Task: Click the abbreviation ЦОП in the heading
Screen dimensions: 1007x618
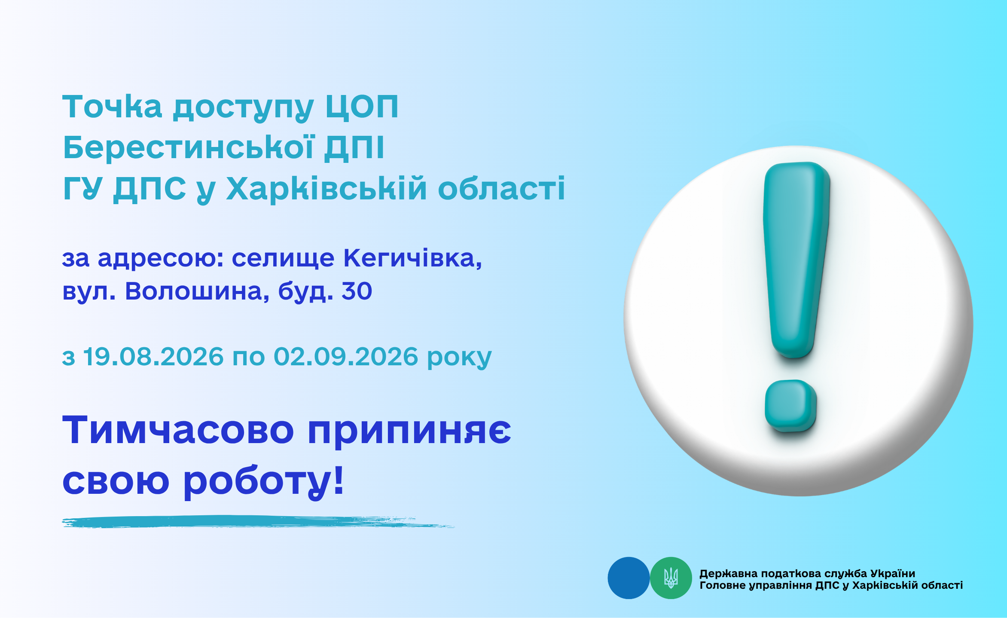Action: pyautogui.click(x=362, y=107)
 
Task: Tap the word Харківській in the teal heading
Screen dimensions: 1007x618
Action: pyautogui.click(x=327, y=188)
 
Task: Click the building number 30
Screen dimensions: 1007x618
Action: pyautogui.click(x=357, y=291)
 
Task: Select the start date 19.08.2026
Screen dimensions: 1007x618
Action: pyautogui.click(x=153, y=357)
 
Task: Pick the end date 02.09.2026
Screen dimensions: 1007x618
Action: pyautogui.click(x=346, y=357)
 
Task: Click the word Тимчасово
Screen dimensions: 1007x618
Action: pyautogui.click(x=178, y=430)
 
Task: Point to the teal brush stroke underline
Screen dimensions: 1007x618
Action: pyautogui.click(x=258, y=522)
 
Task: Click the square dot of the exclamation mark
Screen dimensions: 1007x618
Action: pyautogui.click(x=790, y=406)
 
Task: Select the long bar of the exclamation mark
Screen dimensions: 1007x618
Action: pyautogui.click(x=796, y=260)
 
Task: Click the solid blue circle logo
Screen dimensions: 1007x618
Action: pyautogui.click(x=629, y=578)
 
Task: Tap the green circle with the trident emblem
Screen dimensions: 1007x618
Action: pyautogui.click(x=671, y=578)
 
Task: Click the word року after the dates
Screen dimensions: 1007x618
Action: pyautogui.click(x=459, y=358)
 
